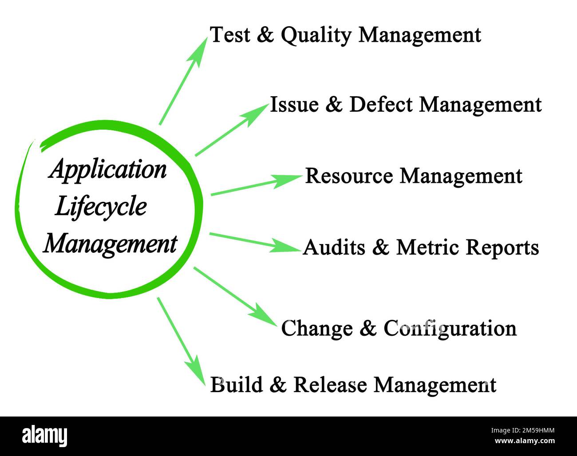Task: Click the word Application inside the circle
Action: pos(108,169)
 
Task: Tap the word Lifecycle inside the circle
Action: pos(101,207)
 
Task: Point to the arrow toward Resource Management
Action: pos(255,185)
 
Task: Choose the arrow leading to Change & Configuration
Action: pos(235,296)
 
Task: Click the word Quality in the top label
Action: pos(316,35)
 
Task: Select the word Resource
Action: pos(349,176)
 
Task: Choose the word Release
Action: pos(330,385)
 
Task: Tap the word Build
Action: pos(236,385)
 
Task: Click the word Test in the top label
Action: pos(229,35)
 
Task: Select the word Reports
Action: pos(502,247)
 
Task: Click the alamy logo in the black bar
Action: pos(44,436)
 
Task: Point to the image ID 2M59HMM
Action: pos(522,430)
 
